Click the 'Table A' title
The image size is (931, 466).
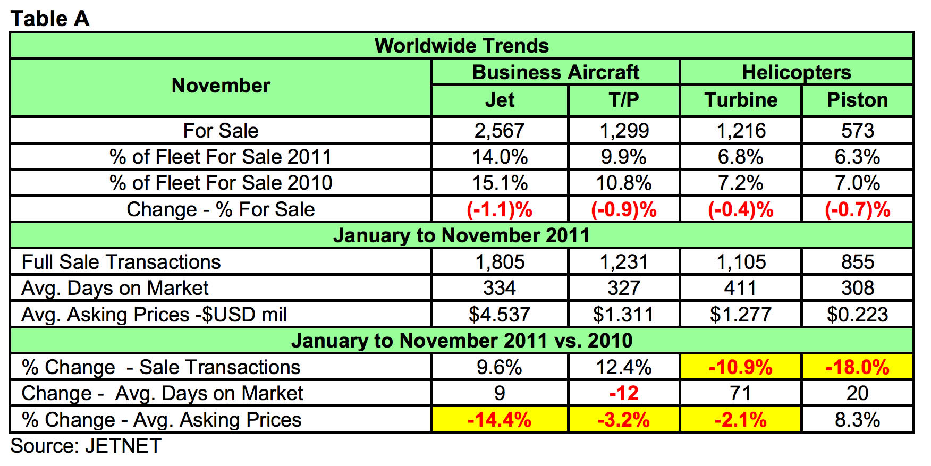tap(49, 19)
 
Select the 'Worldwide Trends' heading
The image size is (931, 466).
tap(461, 46)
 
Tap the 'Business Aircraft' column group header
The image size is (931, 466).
tap(555, 72)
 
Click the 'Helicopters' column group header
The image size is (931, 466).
tap(796, 72)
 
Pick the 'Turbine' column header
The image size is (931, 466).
tap(741, 100)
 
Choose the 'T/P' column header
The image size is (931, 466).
tap(623, 100)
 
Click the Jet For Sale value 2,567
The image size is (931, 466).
tap(499, 131)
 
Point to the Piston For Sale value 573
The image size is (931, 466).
tap(857, 131)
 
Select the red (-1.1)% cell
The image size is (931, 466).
tap(499, 209)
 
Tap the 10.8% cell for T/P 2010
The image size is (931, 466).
tap(623, 183)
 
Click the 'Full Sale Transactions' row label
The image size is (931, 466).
tap(121, 262)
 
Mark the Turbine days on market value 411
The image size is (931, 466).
tap(740, 288)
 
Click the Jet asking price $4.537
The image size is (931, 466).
tap(499, 315)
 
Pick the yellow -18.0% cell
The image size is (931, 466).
tap(857, 367)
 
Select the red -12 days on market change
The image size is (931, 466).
tap(623, 393)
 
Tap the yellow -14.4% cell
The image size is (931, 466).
tap(499, 420)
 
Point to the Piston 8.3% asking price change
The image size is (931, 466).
tap(857, 420)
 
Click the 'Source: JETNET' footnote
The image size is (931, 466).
tap(86, 446)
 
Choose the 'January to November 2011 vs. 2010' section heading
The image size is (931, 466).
tap(461, 341)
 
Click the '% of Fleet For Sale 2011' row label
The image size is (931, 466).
tap(221, 157)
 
